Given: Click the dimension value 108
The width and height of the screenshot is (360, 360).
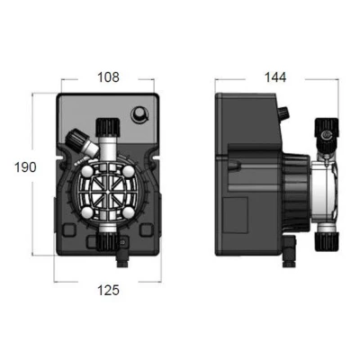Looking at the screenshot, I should click(x=107, y=77).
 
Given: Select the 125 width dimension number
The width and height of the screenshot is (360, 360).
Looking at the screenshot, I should click(x=107, y=290).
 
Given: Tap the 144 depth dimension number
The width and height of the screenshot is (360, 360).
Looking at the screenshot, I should click(x=273, y=77).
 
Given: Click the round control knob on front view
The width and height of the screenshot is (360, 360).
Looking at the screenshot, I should click(x=140, y=114).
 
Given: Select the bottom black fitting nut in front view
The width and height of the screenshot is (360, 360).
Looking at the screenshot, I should click(x=107, y=242).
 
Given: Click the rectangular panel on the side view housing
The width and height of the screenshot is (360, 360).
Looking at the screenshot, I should click(x=238, y=213).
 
